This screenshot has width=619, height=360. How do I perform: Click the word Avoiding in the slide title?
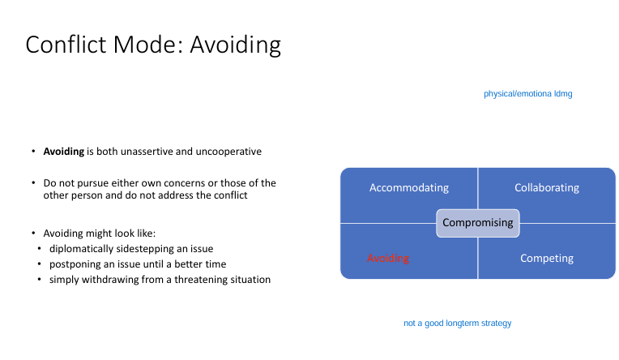pyautogui.click(x=235, y=44)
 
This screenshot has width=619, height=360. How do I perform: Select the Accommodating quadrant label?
pyautogui.click(x=408, y=187)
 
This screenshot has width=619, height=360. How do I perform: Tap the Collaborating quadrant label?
pyautogui.click(x=546, y=187)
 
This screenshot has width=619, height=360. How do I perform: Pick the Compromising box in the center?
pyautogui.click(x=478, y=222)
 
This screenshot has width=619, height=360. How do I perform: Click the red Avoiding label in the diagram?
pyautogui.click(x=388, y=258)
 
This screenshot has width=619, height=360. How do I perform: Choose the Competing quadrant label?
pyautogui.click(x=546, y=258)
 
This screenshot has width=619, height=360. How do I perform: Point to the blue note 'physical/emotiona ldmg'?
pyautogui.click(x=527, y=94)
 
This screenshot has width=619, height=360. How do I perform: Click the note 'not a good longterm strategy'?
pyautogui.click(x=457, y=324)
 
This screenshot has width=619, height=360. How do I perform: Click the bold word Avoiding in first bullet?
pyautogui.click(x=63, y=152)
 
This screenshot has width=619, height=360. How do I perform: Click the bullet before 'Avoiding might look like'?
pyautogui.click(x=33, y=234)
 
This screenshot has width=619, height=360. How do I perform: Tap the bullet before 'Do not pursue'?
pyautogui.click(x=33, y=183)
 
